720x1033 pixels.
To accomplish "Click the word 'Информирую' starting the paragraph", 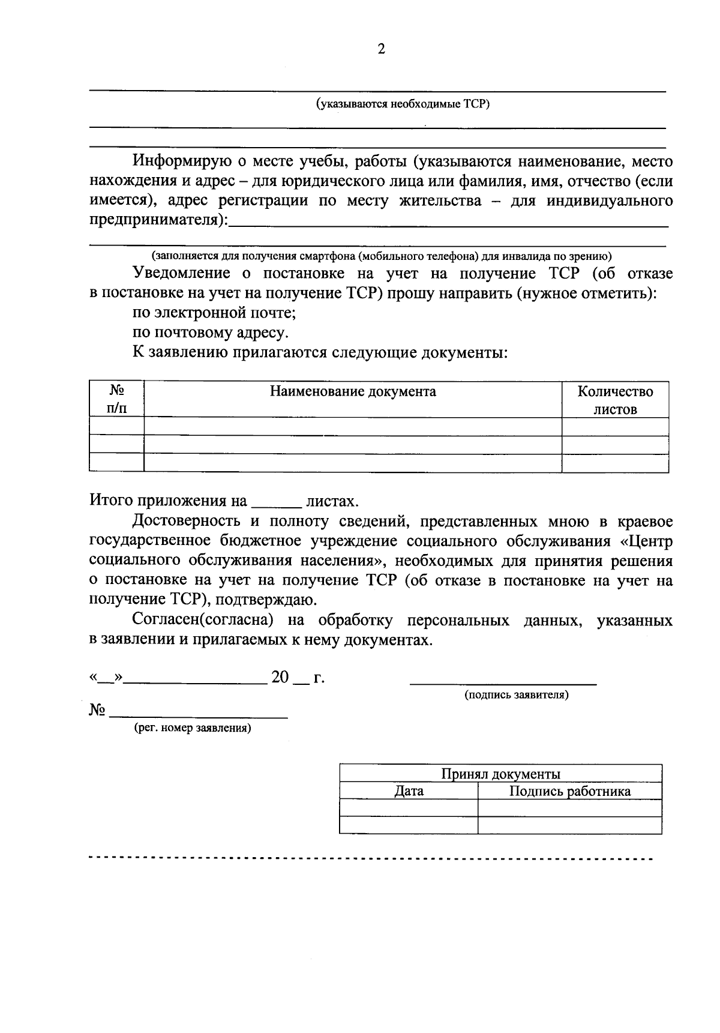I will (178, 161).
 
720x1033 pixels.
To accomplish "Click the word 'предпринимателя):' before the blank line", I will (159, 220).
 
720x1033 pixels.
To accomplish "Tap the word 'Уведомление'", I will (181, 274).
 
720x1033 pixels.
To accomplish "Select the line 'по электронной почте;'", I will (214, 313).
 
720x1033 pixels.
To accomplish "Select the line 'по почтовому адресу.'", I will (210, 333).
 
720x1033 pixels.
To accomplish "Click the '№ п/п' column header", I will (117, 400).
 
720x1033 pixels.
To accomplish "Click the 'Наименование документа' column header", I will (353, 392).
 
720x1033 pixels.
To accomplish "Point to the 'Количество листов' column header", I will (615, 400).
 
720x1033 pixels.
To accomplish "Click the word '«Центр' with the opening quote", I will (646, 541).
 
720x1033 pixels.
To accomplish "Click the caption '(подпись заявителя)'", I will (516, 695).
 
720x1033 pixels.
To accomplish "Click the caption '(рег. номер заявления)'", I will (192, 728).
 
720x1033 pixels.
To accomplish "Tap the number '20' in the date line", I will (280, 678).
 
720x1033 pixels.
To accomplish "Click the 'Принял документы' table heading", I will (500, 774).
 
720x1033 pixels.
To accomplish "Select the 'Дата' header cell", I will (409, 791).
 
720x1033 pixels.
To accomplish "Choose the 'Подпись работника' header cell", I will (569, 791).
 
